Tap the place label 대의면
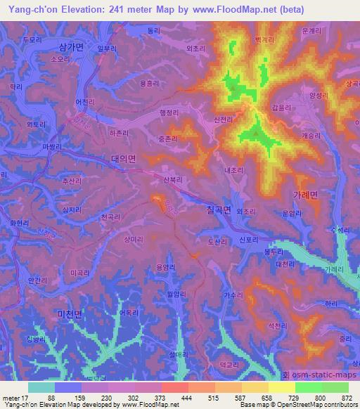122,160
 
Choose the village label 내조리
233,170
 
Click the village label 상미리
134,240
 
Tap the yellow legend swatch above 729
282,387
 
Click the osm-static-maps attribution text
323,376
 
